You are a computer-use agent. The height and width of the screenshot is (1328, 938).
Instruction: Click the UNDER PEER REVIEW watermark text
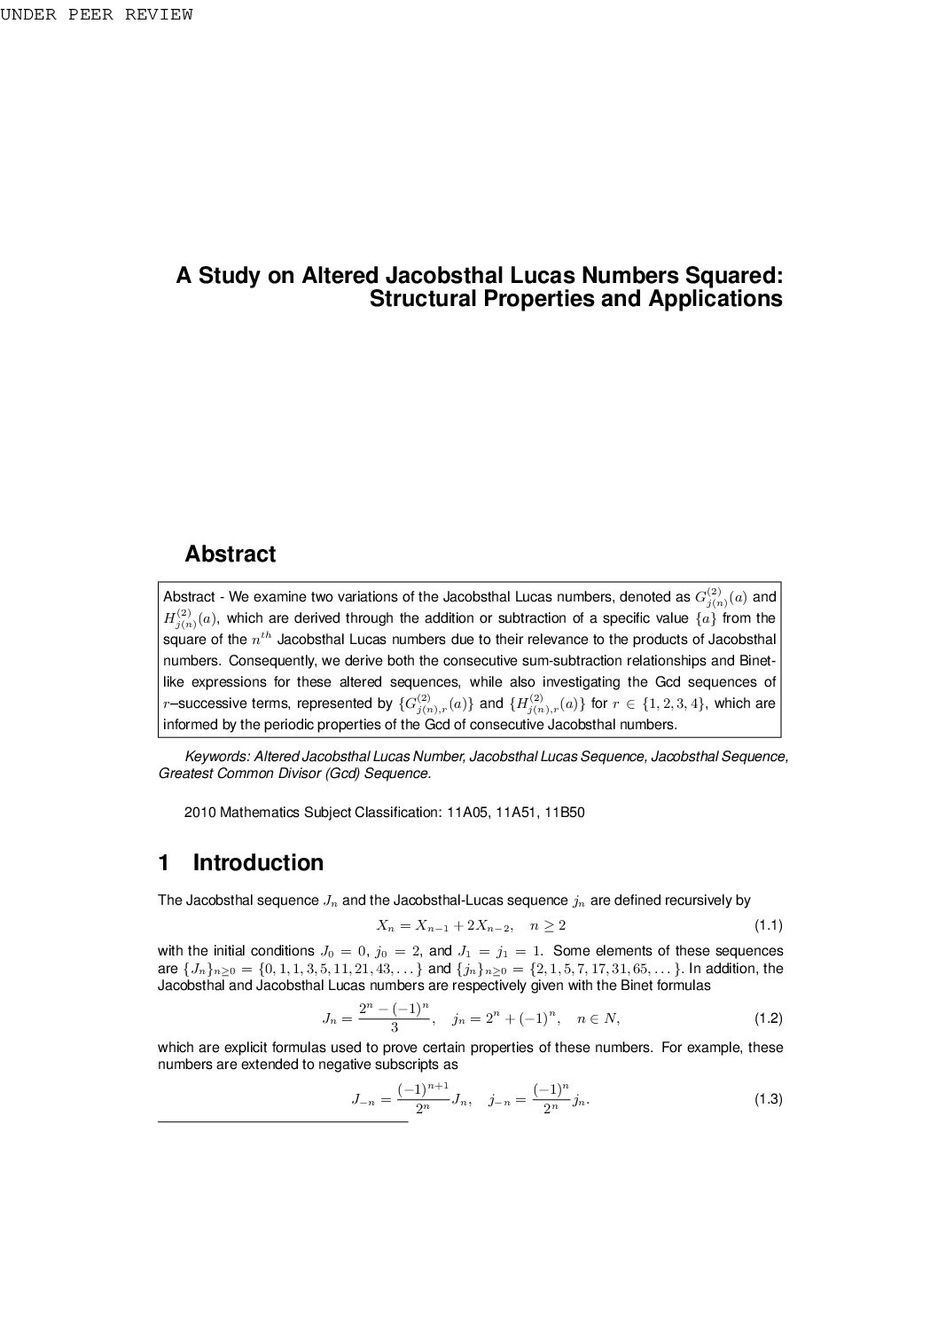pyautogui.click(x=96, y=14)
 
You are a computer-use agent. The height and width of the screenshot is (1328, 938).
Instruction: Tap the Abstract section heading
pyautogui.click(x=230, y=554)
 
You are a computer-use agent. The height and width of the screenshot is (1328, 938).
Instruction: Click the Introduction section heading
pyautogui.click(x=258, y=863)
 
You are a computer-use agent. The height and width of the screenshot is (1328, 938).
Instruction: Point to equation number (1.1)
pyautogui.click(x=768, y=925)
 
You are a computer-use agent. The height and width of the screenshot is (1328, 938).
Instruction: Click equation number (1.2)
pyautogui.click(x=768, y=1018)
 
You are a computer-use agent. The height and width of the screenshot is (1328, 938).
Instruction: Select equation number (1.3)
pyautogui.click(x=768, y=1100)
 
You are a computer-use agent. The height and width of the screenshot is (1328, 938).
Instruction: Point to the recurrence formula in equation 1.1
pyautogui.click(x=471, y=925)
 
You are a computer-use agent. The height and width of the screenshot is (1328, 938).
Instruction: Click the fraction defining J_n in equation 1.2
pyautogui.click(x=394, y=1018)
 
